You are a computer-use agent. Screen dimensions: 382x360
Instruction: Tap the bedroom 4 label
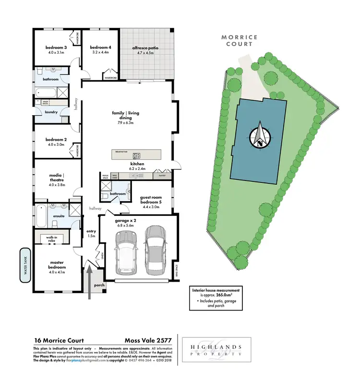coord(100,48)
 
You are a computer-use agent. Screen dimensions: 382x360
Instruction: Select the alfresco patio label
coord(145,48)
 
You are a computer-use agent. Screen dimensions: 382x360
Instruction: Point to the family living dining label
coord(125,116)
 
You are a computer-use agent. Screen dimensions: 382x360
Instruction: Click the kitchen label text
coord(137,164)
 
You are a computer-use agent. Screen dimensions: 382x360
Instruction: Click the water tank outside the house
coord(25,264)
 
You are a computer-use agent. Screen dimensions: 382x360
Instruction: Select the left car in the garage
coord(125,252)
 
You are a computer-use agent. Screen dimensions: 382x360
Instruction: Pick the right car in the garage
coord(155,248)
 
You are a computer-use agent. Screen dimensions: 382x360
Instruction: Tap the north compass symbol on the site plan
coord(260,135)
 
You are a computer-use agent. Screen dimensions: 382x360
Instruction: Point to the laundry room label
coord(51,112)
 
